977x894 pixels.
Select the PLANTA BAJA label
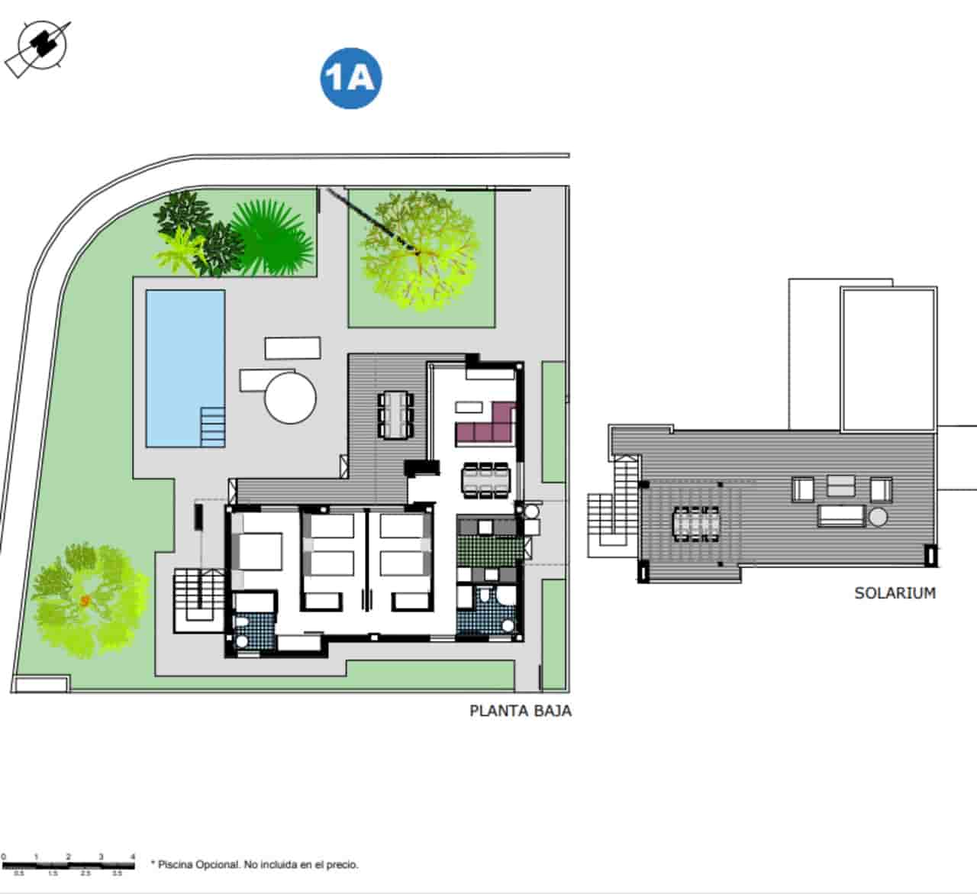(x=520, y=711)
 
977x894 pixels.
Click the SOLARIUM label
(x=895, y=593)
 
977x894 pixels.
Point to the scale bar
(x=68, y=865)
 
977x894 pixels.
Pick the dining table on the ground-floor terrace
(x=395, y=415)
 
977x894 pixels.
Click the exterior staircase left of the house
(x=198, y=599)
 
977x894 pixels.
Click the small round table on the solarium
(x=878, y=517)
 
